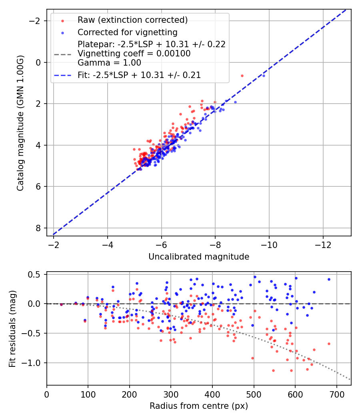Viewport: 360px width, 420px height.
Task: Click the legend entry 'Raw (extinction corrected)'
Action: pyautogui.click(x=132, y=20)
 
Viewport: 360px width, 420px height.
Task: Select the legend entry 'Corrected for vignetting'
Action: pyautogui.click(x=127, y=32)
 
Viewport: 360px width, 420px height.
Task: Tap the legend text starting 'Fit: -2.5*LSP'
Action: pyautogui.click(x=139, y=75)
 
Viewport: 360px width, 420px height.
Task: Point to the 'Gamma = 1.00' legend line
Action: pyautogui.click(x=109, y=62)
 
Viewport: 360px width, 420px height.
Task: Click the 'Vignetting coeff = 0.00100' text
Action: pyautogui.click(x=134, y=53)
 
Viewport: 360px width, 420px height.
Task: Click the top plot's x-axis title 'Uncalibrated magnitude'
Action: pyautogui.click(x=199, y=257)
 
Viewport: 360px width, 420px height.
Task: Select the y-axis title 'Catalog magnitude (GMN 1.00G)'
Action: pyautogui.click(x=20, y=123)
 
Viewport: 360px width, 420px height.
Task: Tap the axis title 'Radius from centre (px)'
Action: pyautogui.click(x=199, y=406)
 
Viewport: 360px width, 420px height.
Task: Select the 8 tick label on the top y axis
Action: pyautogui.click(x=38, y=228)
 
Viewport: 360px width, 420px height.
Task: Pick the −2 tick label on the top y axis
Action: pyautogui.click(x=36, y=21)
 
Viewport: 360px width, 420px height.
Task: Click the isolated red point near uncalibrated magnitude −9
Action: pyautogui.click(x=242, y=76)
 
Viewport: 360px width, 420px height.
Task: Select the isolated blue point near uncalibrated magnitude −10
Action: pyautogui.click(x=264, y=76)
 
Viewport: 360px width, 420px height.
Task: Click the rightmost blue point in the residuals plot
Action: pyautogui.click(x=329, y=279)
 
